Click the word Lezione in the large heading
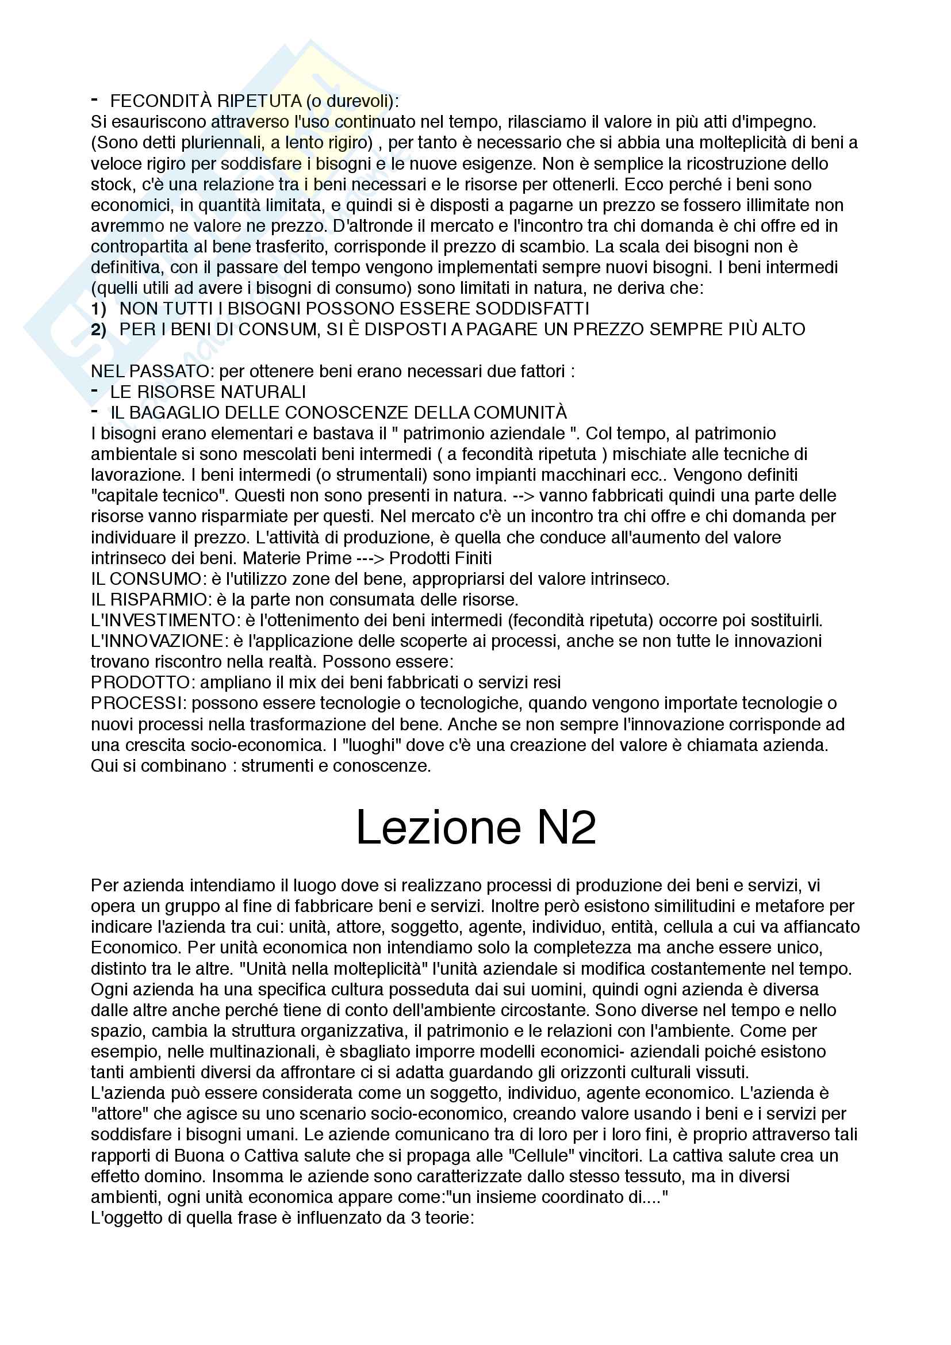[438, 827]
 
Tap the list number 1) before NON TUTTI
[98, 309]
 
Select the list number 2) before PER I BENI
[98, 329]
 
